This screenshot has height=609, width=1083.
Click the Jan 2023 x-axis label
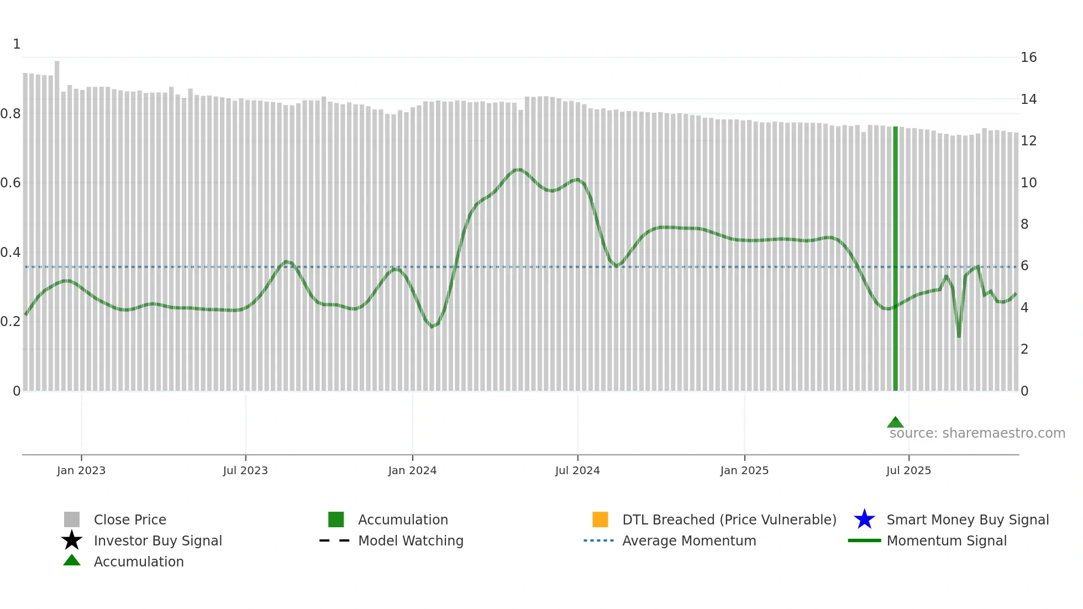(x=81, y=470)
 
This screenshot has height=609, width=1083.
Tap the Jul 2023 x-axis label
(x=245, y=470)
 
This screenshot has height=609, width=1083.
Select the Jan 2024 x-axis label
(x=412, y=470)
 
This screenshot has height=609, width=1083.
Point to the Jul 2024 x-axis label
(x=577, y=470)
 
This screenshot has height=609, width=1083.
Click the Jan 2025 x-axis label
(x=744, y=470)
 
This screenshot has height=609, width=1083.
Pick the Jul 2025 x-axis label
(x=908, y=470)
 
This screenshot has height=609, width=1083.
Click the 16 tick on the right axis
(x=1028, y=57)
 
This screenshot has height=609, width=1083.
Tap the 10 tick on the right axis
(x=1028, y=183)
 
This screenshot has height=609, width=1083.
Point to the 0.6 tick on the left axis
(x=10, y=183)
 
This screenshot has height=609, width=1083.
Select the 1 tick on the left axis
(x=17, y=44)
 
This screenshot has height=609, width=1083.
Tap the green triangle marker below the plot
(x=895, y=422)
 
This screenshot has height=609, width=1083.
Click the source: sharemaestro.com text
(x=977, y=433)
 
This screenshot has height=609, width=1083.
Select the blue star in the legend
(x=864, y=519)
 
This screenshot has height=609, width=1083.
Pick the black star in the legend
(x=72, y=540)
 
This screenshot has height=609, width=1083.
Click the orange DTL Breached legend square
(x=600, y=519)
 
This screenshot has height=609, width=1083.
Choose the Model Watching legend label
(x=411, y=540)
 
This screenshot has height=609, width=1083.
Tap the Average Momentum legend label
(x=689, y=540)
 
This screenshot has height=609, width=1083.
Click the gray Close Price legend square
(x=72, y=519)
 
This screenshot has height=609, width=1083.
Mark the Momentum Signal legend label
(x=947, y=540)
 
